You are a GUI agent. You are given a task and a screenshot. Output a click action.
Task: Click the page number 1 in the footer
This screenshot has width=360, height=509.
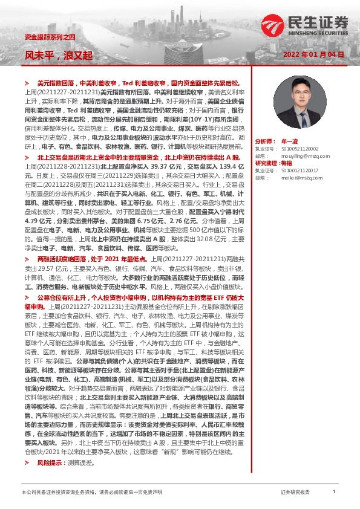pyautogui.click(x=334, y=493)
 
